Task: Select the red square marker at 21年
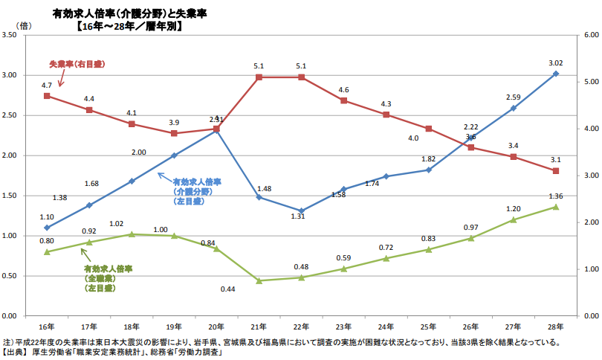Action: coord(259,77)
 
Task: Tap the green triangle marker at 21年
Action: coord(259,280)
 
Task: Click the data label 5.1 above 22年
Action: coord(301,66)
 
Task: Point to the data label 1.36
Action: coord(555,196)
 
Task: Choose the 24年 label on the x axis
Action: coord(386,327)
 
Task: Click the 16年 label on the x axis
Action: coord(46,327)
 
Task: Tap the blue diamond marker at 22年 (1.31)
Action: coord(301,210)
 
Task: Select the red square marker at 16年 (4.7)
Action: coord(47,96)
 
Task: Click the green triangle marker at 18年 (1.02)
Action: coord(132,234)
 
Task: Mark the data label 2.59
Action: coord(513,97)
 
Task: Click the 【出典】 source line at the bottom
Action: coord(111,353)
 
